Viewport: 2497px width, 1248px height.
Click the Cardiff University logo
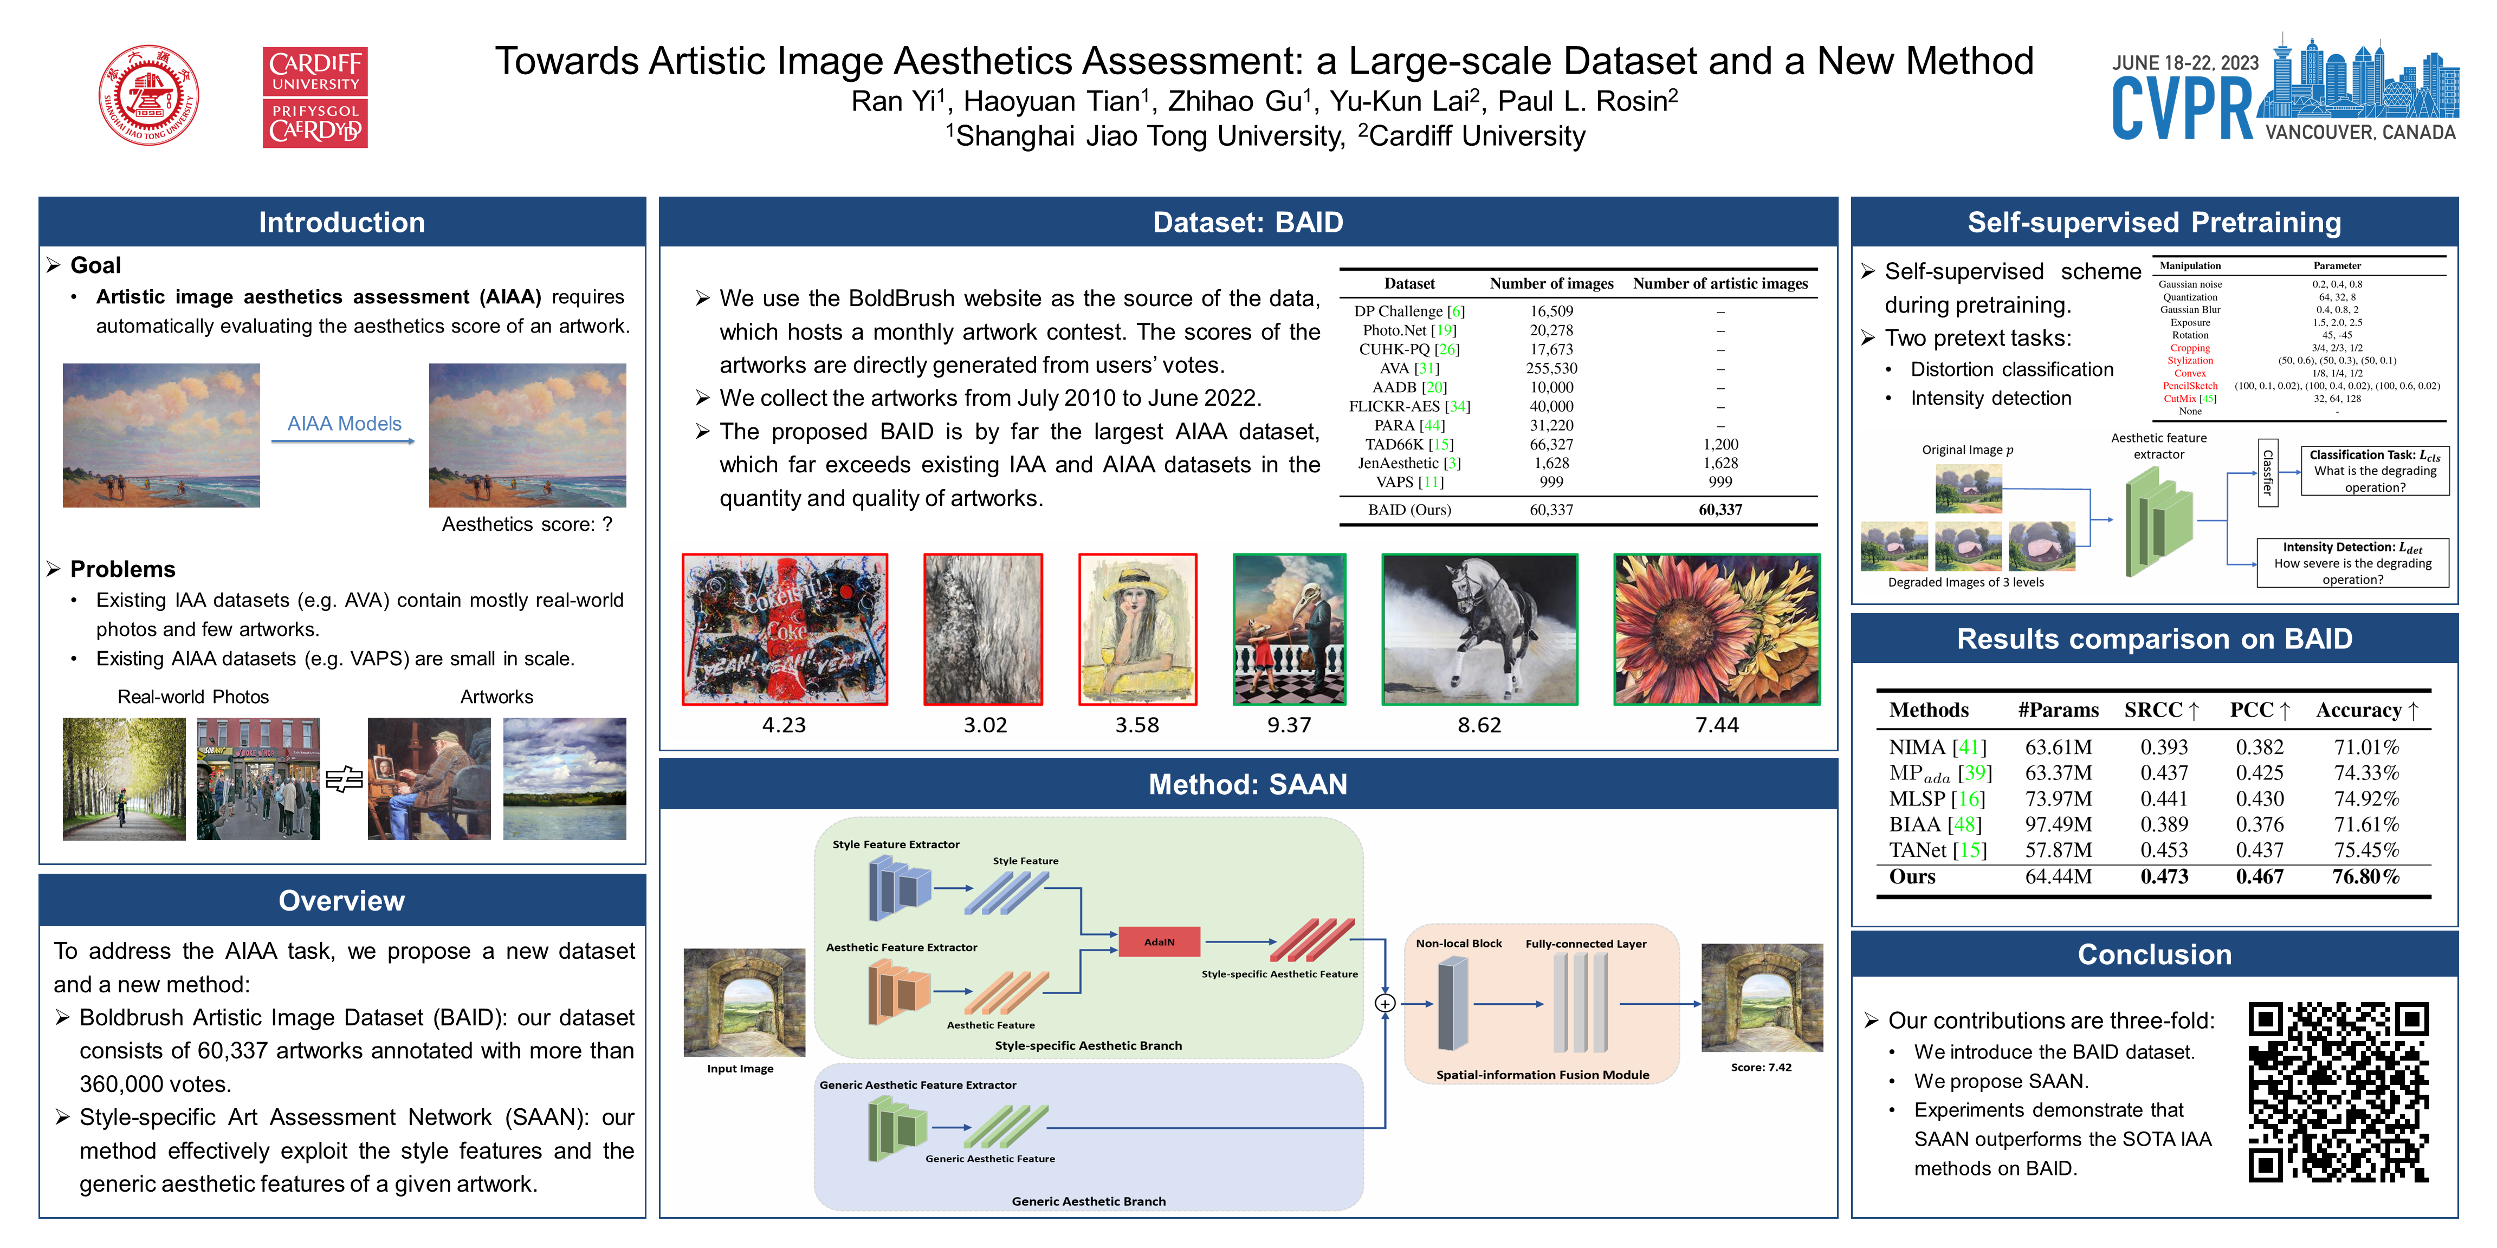point(315,97)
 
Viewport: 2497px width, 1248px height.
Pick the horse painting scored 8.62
point(1479,629)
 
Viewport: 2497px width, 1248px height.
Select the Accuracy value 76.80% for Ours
point(2365,877)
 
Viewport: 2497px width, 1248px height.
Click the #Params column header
point(2058,710)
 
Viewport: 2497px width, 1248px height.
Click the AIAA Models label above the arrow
point(344,424)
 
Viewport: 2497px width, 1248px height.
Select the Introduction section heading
point(341,222)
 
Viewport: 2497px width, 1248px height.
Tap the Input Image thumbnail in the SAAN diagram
point(743,1002)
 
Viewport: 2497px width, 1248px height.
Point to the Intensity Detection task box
point(2352,563)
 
